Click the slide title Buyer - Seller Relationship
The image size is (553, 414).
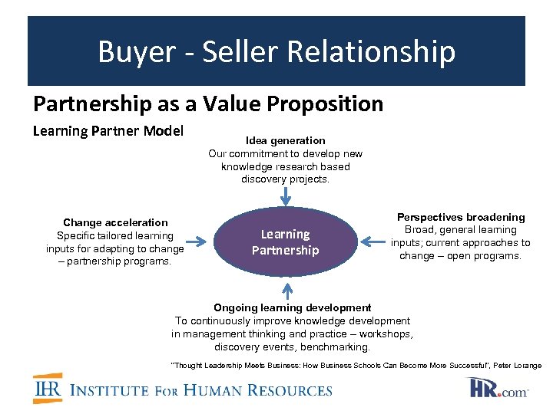pyautogui.click(x=276, y=52)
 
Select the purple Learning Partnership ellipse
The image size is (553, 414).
pyautogui.click(x=285, y=242)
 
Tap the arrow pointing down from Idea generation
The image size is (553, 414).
pyautogui.click(x=286, y=198)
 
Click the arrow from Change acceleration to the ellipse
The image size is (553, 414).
pyautogui.click(x=197, y=242)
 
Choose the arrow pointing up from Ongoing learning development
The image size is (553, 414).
pyautogui.click(x=288, y=291)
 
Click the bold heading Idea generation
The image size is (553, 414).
pyautogui.click(x=285, y=141)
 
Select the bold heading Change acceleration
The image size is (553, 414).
pyautogui.click(x=115, y=223)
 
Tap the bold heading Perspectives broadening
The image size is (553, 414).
pyautogui.click(x=461, y=218)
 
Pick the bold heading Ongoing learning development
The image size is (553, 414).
pyautogui.click(x=292, y=307)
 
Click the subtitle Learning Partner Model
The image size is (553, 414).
pyautogui.click(x=108, y=131)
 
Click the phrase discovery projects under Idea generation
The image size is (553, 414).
pyautogui.click(x=285, y=179)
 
